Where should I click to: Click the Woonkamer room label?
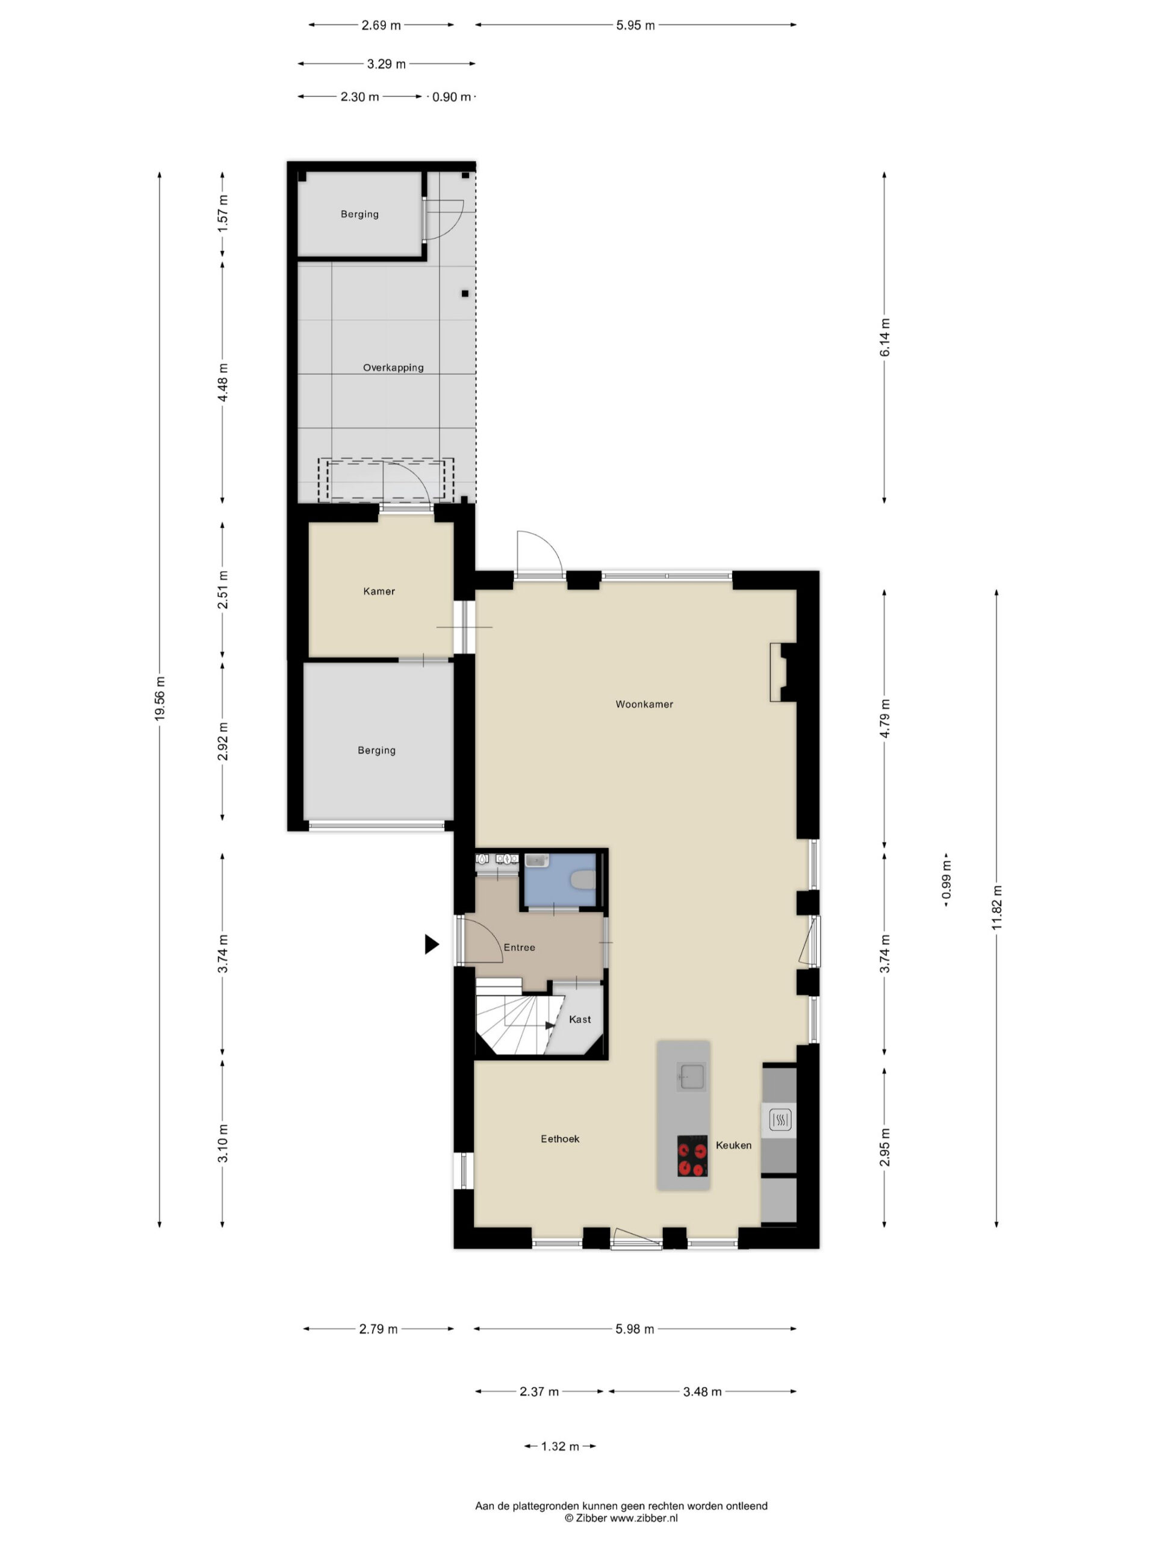644,704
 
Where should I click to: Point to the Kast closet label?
579,1019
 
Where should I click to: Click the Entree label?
519,947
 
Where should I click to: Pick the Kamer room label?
379,591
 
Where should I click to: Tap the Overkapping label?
393,367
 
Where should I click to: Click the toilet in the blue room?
583,880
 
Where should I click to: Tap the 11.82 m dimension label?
996,907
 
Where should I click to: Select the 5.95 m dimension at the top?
635,25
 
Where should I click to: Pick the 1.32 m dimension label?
559,1446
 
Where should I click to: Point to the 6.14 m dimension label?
884,337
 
